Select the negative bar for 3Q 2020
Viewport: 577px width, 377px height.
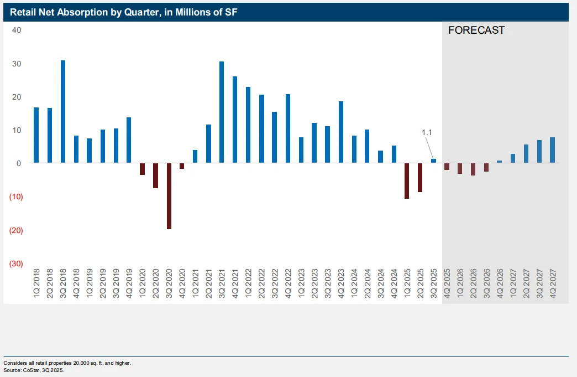(169, 196)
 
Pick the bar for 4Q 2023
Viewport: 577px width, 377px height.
(341, 132)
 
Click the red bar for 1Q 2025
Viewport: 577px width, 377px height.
(407, 181)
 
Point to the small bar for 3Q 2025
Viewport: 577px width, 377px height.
(433, 161)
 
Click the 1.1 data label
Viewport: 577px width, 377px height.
(427, 132)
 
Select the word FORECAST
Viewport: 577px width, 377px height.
(476, 30)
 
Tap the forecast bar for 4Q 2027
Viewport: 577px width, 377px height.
(553, 150)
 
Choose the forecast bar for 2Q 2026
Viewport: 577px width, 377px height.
(473, 169)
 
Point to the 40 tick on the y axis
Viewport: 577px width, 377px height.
(17, 30)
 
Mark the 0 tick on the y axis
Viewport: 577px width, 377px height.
(19, 163)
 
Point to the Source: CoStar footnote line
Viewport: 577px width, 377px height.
(34, 370)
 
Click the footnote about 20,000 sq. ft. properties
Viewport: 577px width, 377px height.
(67, 363)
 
